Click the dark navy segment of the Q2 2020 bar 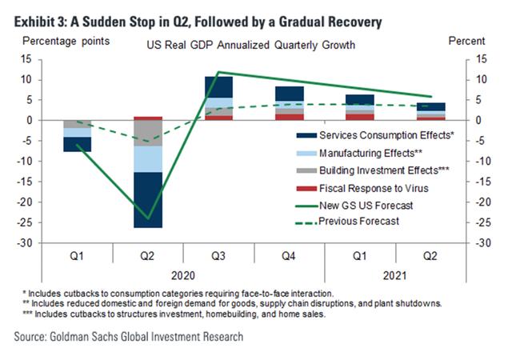148,200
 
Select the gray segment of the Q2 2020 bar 148,133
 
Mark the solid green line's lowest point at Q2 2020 148,218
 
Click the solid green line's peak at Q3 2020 219,72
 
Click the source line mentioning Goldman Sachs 129,337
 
